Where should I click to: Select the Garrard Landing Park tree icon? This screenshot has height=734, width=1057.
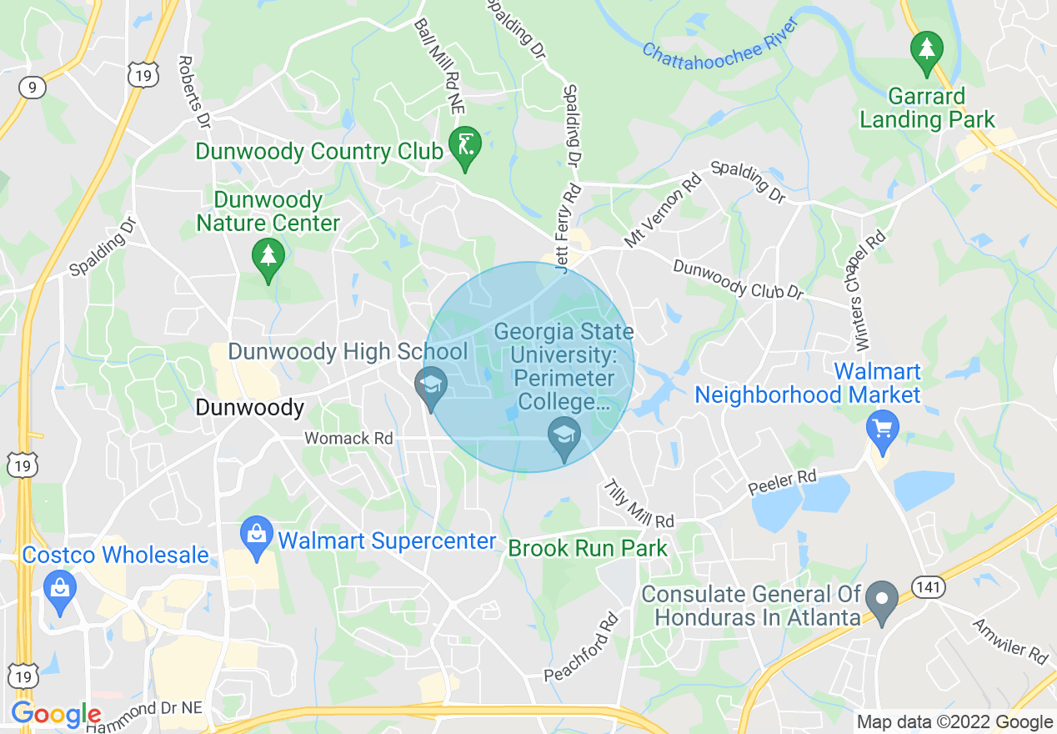(x=926, y=51)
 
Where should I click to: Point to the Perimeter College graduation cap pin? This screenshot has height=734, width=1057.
(x=564, y=437)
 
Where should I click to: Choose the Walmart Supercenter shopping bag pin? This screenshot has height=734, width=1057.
(x=257, y=536)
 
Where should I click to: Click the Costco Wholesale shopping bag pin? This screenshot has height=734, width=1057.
(x=60, y=590)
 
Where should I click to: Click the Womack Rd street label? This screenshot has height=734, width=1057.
(x=348, y=438)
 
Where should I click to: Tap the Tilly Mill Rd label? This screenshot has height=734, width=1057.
(x=638, y=504)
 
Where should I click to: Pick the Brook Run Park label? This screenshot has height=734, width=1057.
(x=588, y=549)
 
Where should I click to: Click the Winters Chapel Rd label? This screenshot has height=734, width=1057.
(x=869, y=290)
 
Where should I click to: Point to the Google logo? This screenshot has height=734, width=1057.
(x=56, y=715)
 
